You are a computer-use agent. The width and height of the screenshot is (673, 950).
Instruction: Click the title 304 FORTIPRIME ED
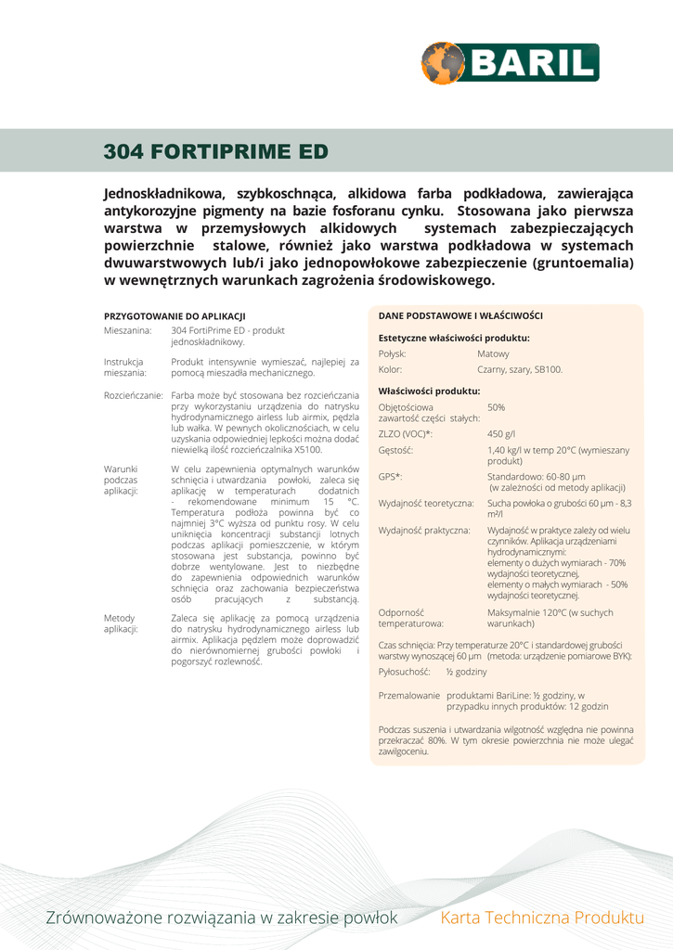(215, 150)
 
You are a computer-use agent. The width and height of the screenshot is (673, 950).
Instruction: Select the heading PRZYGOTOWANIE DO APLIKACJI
(174, 316)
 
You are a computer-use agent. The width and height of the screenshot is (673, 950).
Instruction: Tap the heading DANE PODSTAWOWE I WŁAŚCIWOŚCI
(460, 315)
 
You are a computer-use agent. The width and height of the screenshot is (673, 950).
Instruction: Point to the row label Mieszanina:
(128, 330)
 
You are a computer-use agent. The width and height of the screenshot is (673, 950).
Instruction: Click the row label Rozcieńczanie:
(134, 395)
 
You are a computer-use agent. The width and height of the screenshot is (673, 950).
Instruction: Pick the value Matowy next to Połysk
(493, 353)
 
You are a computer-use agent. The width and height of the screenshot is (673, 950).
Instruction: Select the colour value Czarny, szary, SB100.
(520, 369)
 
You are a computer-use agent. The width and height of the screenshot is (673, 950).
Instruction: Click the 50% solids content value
(496, 407)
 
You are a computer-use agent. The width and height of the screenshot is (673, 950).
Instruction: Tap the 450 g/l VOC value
(500, 433)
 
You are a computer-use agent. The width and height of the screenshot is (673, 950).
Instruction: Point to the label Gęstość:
(396, 450)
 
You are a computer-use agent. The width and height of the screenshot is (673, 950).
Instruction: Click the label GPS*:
(391, 476)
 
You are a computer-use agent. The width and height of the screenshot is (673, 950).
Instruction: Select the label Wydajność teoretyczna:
(426, 503)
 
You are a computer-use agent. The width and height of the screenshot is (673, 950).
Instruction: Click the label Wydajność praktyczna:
(424, 530)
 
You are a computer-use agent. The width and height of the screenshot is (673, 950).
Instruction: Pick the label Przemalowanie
(409, 694)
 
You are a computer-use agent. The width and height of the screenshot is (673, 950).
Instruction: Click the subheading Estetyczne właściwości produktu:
(454, 338)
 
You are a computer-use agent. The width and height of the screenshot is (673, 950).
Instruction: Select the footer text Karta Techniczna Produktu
(542, 918)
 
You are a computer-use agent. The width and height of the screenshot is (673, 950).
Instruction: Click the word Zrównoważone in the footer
(104, 918)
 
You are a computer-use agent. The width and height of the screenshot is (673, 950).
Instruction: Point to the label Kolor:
(391, 369)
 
